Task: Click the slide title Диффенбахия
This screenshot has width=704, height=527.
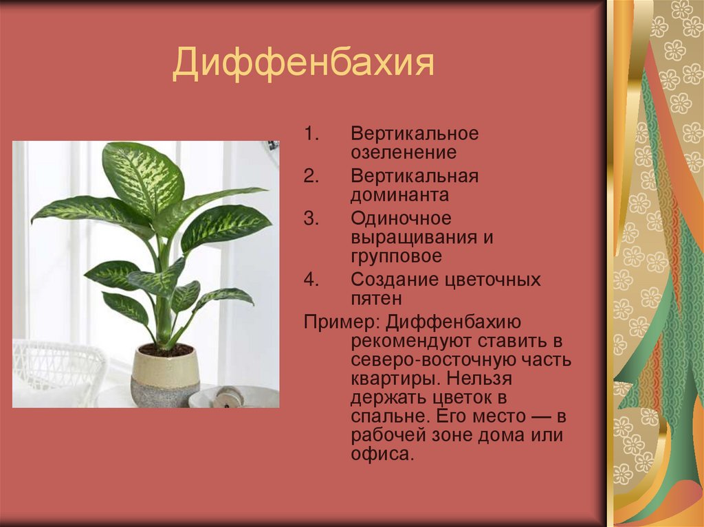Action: tap(303, 63)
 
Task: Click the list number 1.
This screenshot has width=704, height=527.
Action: tap(311, 133)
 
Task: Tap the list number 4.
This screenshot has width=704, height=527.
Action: tap(311, 280)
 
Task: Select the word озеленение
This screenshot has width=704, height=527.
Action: tap(404, 153)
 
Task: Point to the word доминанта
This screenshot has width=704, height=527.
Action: tap(399, 195)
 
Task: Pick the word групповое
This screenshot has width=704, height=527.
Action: tap(397, 256)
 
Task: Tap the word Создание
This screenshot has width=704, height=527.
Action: tap(394, 280)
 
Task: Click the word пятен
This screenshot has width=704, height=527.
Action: tap(376, 299)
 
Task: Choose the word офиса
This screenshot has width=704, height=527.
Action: tap(382, 454)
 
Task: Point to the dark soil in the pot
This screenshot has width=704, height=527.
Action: tap(166, 350)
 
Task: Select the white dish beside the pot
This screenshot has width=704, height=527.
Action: tap(234, 396)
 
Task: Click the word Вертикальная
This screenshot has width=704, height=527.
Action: tap(415, 176)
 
